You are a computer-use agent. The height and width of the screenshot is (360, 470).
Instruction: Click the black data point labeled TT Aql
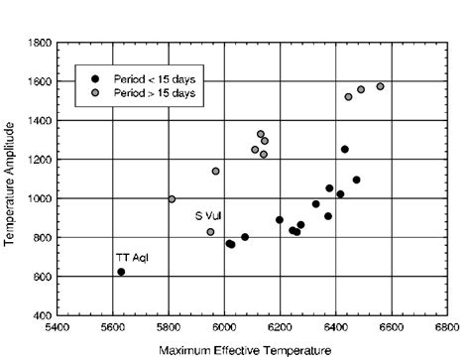click(121, 272)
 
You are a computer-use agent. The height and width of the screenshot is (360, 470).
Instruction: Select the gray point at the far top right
click(380, 86)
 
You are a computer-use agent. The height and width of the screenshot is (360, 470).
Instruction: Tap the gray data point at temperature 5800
click(172, 199)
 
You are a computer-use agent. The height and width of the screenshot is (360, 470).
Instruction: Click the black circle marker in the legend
click(95, 78)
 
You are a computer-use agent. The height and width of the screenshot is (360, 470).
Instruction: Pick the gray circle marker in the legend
click(95, 92)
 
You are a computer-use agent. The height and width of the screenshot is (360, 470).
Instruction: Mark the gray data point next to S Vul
click(210, 232)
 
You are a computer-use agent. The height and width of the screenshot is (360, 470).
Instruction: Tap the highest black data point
click(345, 150)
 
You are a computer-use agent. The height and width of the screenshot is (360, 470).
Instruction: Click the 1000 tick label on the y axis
click(41, 199)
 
